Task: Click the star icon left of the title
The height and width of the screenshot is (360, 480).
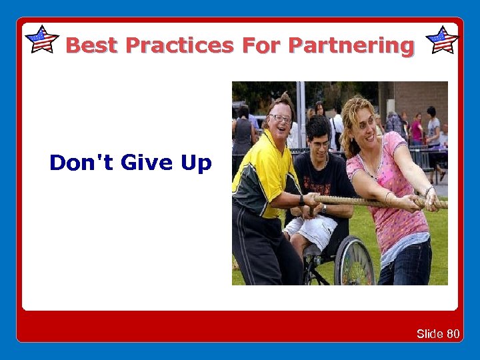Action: coord(41,39)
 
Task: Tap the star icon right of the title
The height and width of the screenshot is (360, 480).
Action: coord(441,39)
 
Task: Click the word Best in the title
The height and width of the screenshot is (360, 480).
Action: coord(92,45)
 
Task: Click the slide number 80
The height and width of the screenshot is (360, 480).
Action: coord(453,333)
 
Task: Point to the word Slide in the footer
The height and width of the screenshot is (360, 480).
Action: coord(430,333)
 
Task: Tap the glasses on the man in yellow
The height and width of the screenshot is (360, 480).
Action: coord(281,119)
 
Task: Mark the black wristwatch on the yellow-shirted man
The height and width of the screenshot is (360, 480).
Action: coord(302,199)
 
